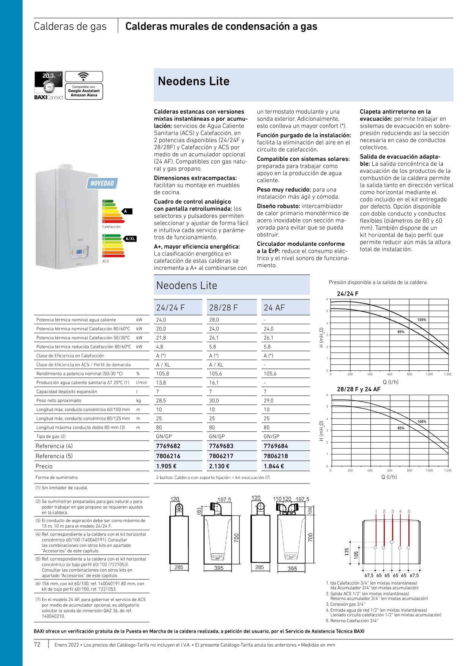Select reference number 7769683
tap(221, 446)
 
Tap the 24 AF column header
tap(274, 308)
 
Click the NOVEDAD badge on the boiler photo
tap(102, 183)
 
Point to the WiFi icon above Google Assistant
tap(83, 76)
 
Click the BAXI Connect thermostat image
tap(49, 82)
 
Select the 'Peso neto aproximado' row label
tap(58, 400)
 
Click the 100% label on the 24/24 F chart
tap(422, 320)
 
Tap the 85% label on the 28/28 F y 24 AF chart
tap(401, 428)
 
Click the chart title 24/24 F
tap(347, 294)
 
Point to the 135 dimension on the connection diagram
tap(347, 552)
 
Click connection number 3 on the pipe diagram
tap(392, 511)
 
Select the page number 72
tap(37, 644)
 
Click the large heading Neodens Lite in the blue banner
tap(194, 81)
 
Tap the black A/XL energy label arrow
tap(130, 239)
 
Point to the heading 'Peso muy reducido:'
tap(284, 190)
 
